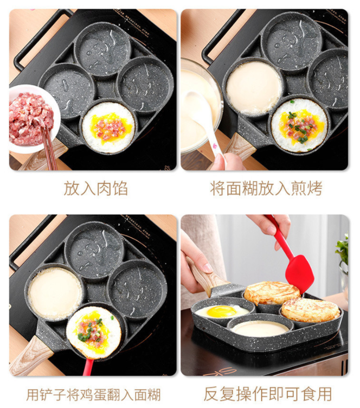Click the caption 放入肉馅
pyautogui.click(x=95, y=188)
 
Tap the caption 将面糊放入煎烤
pyautogui.click(x=266, y=188)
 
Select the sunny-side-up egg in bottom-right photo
pyautogui.click(x=222, y=312)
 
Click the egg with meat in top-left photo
pyautogui.click(x=110, y=127)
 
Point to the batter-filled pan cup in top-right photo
pyautogui.click(x=254, y=87)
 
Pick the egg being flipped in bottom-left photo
pyautogui.click(x=94, y=332)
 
